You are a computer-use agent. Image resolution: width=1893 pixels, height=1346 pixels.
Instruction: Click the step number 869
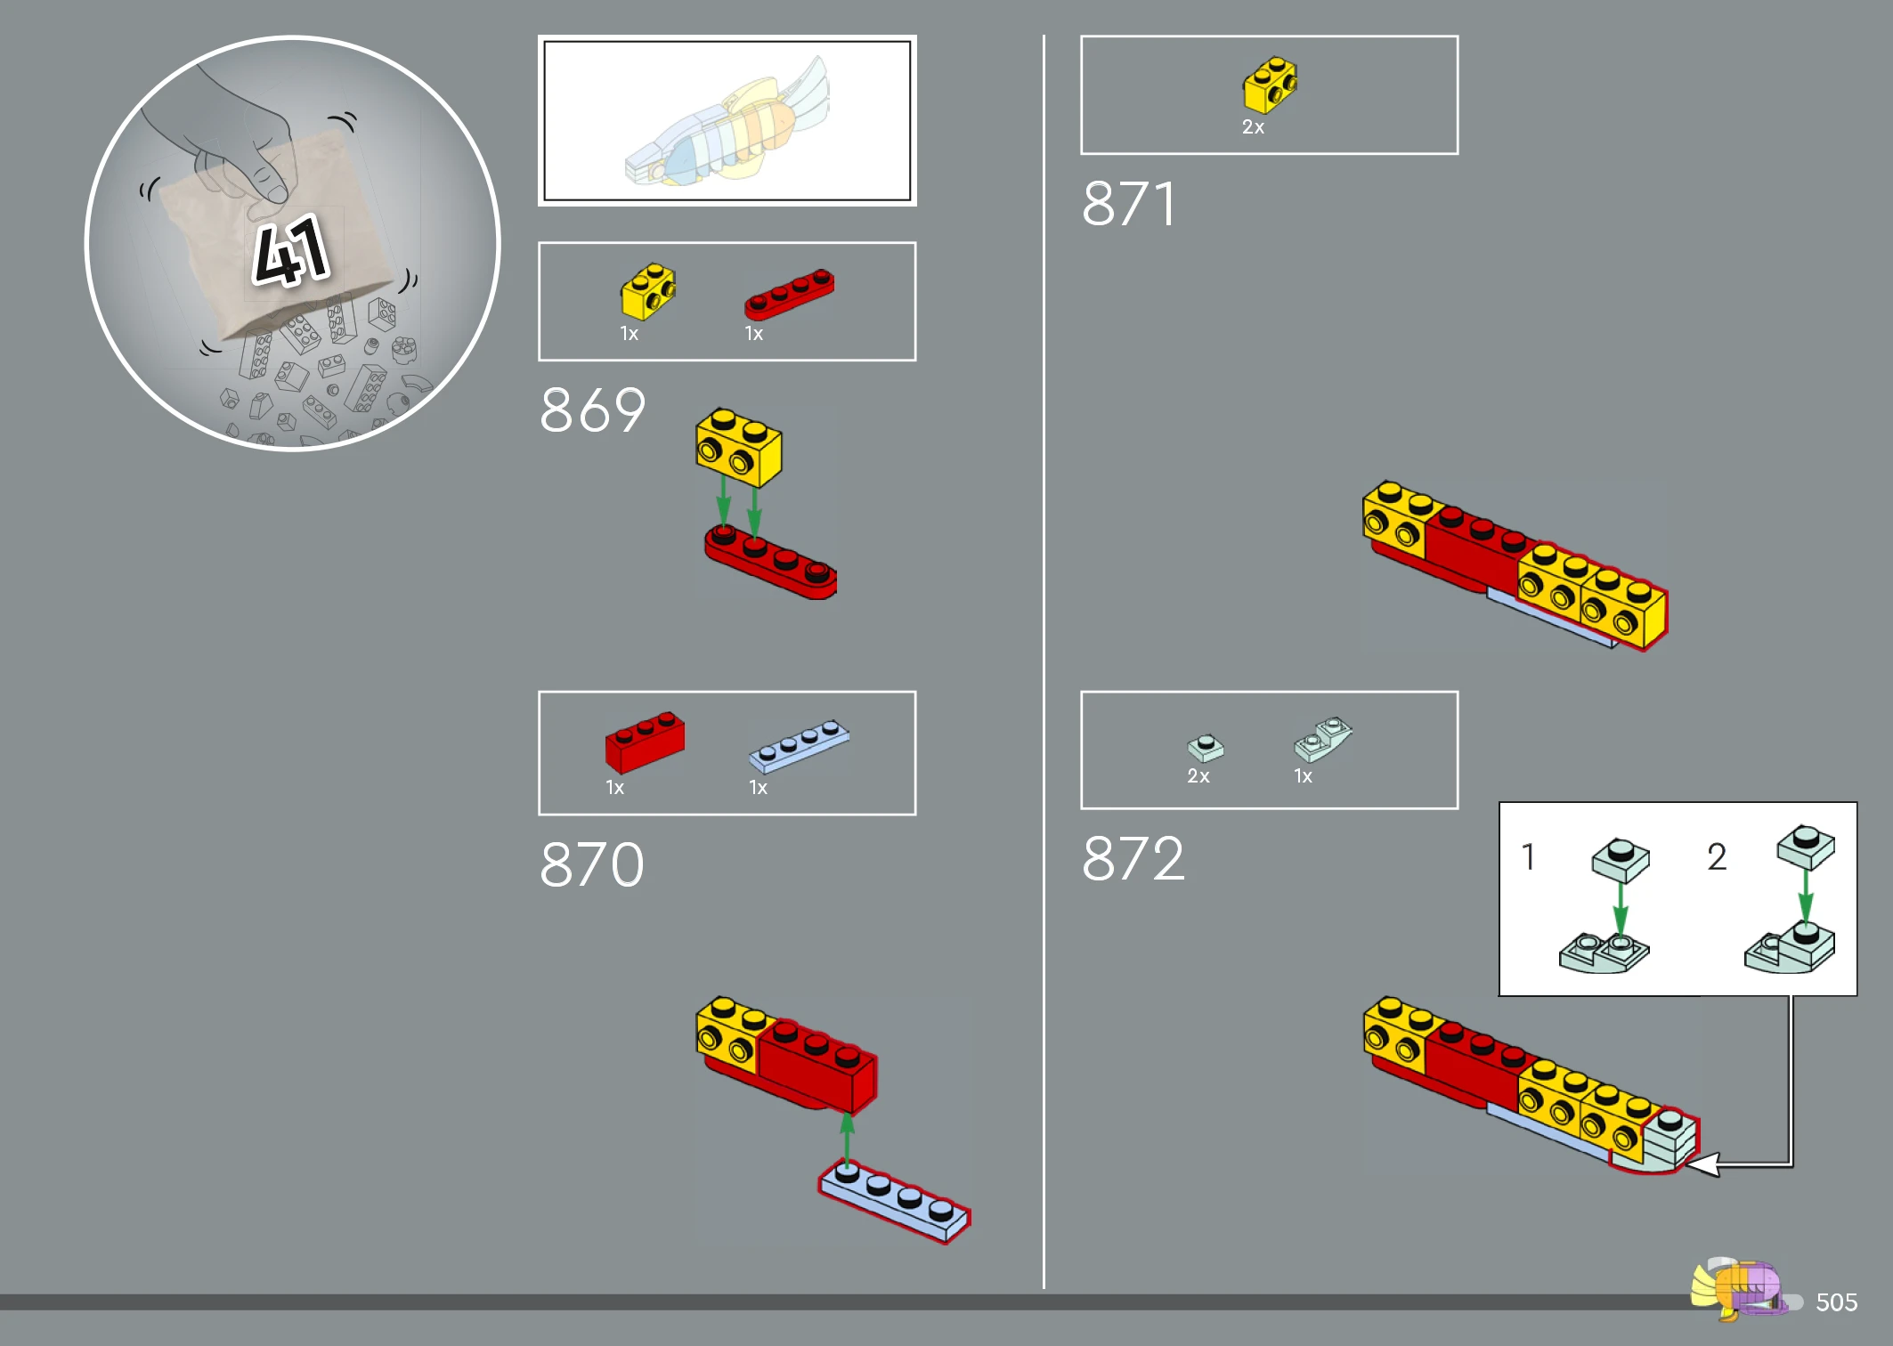(x=592, y=410)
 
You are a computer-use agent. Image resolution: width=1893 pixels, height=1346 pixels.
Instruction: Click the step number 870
(x=592, y=864)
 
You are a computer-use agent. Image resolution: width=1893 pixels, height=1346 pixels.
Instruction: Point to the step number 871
(x=1129, y=204)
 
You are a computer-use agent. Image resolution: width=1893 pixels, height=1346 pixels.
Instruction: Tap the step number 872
(x=1133, y=859)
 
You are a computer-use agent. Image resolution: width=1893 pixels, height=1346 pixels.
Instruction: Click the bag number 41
(x=290, y=251)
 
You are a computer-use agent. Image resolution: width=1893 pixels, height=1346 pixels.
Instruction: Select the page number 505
(x=1836, y=1302)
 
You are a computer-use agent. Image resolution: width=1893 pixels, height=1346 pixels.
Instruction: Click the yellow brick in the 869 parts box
(x=648, y=291)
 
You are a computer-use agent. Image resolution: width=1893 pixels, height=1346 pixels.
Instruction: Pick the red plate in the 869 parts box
(x=789, y=294)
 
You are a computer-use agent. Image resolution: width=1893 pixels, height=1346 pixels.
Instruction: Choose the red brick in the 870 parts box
(x=645, y=742)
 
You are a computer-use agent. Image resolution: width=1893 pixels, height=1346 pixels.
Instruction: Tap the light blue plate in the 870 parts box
(x=799, y=745)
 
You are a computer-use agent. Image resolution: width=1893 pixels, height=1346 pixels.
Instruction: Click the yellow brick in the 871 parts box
(x=1271, y=85)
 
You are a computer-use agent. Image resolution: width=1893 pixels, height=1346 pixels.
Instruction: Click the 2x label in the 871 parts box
(x=1253, y=127)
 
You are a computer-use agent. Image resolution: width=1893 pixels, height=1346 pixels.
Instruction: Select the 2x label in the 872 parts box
(x=1198, y=776)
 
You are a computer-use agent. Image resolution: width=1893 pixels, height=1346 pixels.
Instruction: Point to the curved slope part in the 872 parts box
(x=1323, y=739)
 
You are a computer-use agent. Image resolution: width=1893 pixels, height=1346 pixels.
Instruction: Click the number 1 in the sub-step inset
(x=1528, y=856)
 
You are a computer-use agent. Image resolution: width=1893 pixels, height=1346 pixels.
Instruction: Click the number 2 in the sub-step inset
(x=1717, y=856)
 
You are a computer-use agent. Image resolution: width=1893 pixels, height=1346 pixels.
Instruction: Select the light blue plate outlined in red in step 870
(x=894, y=1204)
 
